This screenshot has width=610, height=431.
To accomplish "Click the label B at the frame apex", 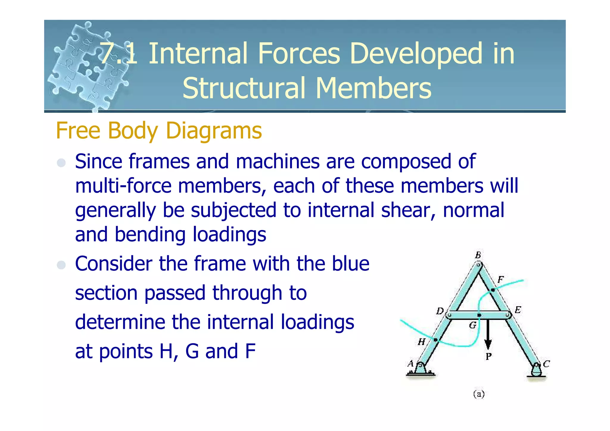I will tap(478, 255).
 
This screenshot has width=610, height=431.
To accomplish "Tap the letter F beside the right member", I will tap(500, 280).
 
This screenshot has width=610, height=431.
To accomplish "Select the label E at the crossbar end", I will tap(518, 310).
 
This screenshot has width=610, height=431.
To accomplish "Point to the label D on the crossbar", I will tap(440, 311).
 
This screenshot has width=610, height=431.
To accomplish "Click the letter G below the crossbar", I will tap(473, 325).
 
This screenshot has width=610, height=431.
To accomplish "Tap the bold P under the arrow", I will tap(488, 356).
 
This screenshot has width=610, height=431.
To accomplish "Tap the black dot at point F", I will tap(493, 290).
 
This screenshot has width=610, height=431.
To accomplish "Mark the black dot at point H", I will tap(435, 340).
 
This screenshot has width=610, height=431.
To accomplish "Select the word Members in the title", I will tap(373, 88).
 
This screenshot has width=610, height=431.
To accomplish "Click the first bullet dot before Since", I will tap(61, 163).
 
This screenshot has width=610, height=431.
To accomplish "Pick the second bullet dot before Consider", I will tap(61, 265).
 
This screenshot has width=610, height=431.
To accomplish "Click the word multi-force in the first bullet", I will tap(123, 186).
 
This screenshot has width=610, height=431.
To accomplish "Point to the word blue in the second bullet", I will tap(351, 264).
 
